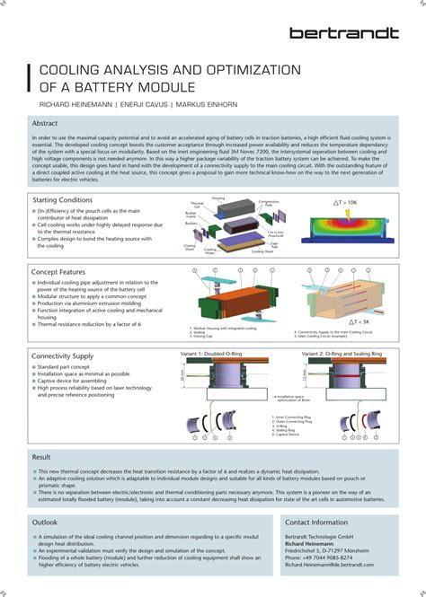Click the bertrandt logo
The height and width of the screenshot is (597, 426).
[343, 33]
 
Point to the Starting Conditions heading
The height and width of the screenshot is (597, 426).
[62, 199]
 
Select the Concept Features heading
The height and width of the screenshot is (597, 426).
[58, 271]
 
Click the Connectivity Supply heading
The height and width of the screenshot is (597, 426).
[63, 356]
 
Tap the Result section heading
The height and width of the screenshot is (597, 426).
[41, 457]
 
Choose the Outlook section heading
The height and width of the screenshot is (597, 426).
[45, 522]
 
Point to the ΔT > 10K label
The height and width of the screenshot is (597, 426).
[352, 204]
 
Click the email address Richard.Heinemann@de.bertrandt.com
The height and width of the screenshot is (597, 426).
[329, 566]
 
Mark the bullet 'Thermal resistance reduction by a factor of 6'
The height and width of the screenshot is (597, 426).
[90, 323]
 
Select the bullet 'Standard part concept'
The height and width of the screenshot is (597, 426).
[65, 368]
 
